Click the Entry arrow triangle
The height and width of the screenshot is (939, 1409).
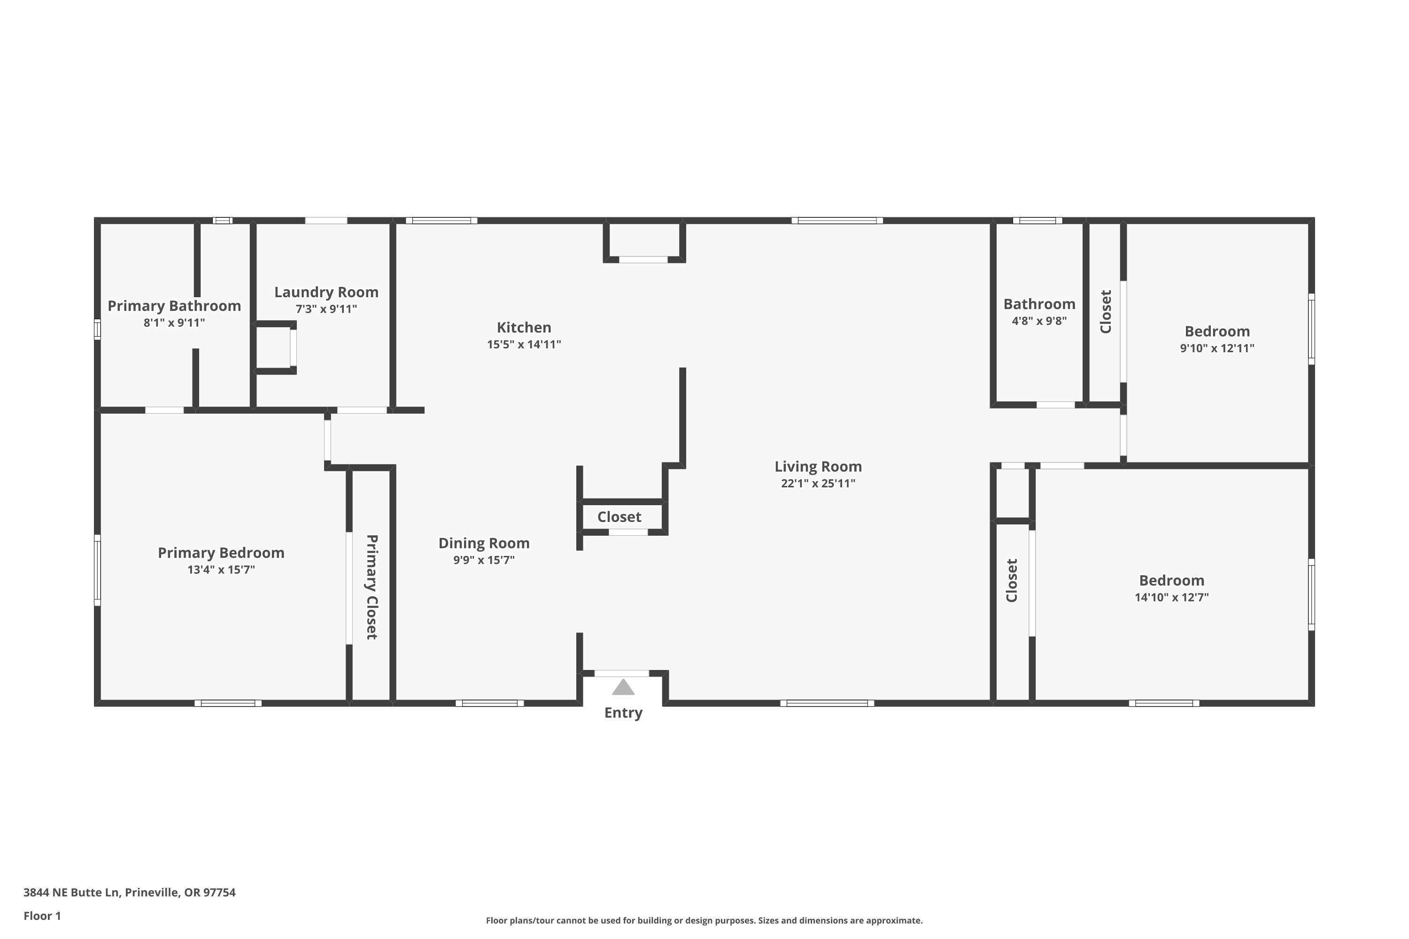pyautogui.click(x=623, y=687)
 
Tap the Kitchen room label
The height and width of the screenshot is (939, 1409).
pyautogui.click(x=524, y=328)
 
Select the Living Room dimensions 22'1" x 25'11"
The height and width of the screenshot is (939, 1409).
pyautogui.click(x=818, y=483)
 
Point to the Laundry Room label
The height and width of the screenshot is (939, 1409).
pyautogui.click(x=326, y=292)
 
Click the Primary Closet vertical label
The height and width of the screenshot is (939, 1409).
pyautogui.click(x=372, y=587)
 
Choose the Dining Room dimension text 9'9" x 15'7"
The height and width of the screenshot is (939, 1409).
pyautogui.click(x=484, y=560)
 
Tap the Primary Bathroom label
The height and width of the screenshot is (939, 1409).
pyautogui.click(x=174, y=306)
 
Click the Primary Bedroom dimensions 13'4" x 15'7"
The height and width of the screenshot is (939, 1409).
pyautogui.click(x=221, y=570)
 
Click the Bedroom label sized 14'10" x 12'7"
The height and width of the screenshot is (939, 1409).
pyautogui.click(x=1172, y=580)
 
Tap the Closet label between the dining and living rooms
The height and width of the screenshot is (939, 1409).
pyautogui.click(x=619, y=517)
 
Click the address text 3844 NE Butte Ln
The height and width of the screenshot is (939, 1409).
pyautogui.click(x=71, y=893)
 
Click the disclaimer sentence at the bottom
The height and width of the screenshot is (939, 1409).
pyautogui.click(x=704, y=920)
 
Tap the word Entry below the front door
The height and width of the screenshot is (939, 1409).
pyautogui.click(x=623, y=713)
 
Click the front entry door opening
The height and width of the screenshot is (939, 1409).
pyautogui.click(x=622, y=673)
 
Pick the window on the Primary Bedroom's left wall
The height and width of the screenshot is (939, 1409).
pyautogui.click(x=98, y=570)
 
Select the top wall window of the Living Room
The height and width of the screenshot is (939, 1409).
pyautogui.click(x=837, y=220)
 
